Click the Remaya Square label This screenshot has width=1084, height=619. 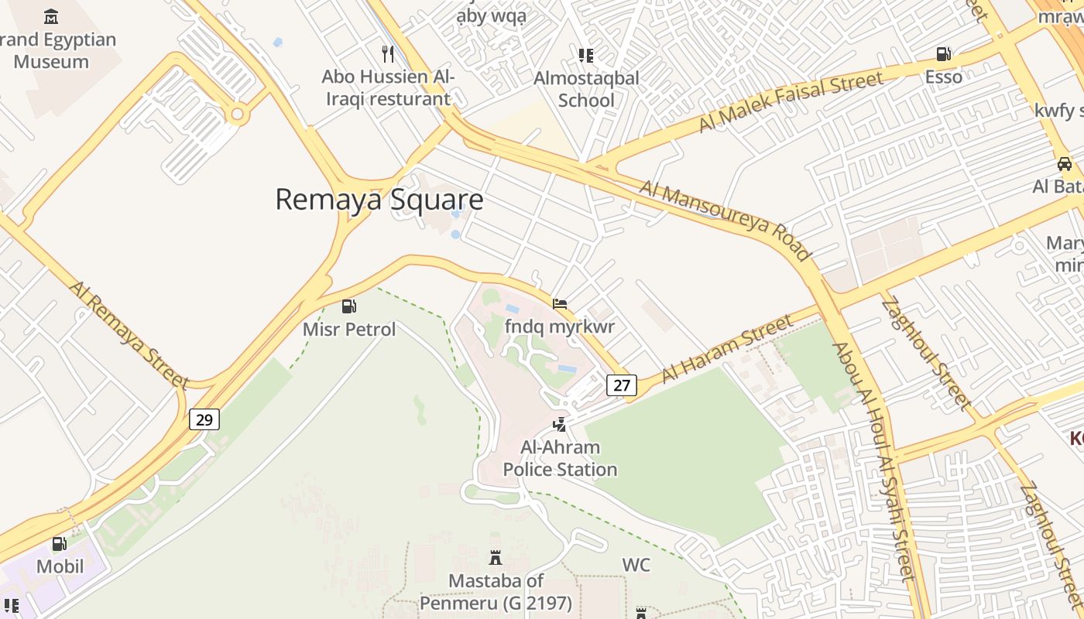click(x=379, y=200)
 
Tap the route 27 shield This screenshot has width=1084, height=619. click(x=621, y=385)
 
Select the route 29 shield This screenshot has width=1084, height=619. click(x=204, y=419)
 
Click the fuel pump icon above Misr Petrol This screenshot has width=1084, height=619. click(x=349, y=306)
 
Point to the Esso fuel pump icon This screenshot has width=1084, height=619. click(x=943, y=54)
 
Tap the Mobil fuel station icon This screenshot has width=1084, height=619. click(x=60, y=544)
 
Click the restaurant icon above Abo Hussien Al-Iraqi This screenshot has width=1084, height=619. click(x=388, y=54)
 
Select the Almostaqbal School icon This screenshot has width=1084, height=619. click(x=586, y=55)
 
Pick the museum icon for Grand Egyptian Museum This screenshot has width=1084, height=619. click(x=51, y=16)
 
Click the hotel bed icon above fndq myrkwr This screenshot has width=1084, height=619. click(x=560, y=303)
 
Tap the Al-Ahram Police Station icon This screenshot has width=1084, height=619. click(x=559, y=424)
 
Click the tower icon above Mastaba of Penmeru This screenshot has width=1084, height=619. click(x=496, y=557)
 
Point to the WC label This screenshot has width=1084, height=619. click(x=636, y=566)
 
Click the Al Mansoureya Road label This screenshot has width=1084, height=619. click(x=726, y=221)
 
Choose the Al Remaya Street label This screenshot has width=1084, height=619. click(x=129, y=334)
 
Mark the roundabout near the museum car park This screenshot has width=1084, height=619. click(x=238, y=115)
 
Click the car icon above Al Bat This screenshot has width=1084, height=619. click(x=1065, y=163)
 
